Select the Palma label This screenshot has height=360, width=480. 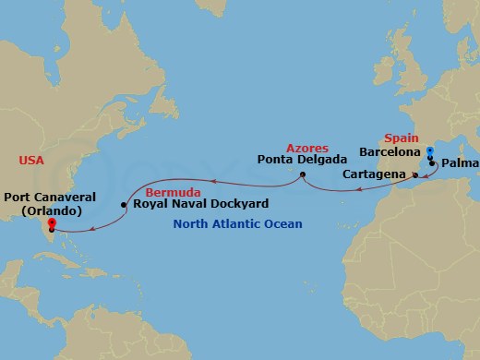pos(460,166)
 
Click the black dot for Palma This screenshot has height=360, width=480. pos(433,162)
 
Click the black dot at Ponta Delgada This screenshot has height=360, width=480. pos(303,173)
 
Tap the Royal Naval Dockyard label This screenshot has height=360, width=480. pos(187,204)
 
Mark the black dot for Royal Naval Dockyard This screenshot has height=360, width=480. pos(125,204)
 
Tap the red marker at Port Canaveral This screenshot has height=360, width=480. pos(51,222)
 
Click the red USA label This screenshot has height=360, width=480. pos(31,161)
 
